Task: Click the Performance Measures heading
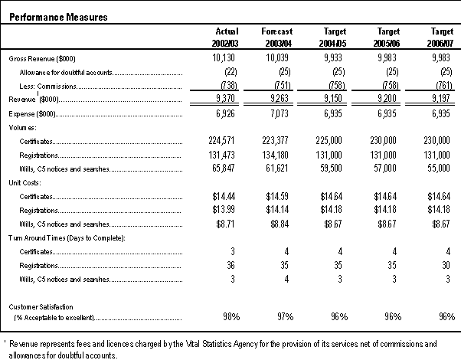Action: point(58,17)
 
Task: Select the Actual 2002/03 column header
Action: point(225,38)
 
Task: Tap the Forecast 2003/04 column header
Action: point(277,38)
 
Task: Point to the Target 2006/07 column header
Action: point(440,38)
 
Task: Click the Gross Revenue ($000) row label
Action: point(42,59)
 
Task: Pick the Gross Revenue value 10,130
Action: point(224,57)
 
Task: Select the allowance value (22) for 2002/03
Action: point(230,72)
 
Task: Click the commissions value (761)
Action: point(444,85)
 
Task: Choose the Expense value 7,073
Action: point(280,113)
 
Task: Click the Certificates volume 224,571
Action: point(221,141)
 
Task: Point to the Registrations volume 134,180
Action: point(276,155)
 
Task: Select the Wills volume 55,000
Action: point(439,168)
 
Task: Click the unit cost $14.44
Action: point(224,196)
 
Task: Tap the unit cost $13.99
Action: point(224,210)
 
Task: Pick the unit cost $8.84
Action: point(280,224)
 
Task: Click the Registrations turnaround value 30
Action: point(446,265)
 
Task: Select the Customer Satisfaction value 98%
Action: point(231,317)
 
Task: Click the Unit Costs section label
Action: point(25,182)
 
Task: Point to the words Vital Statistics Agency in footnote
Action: point(222,344)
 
